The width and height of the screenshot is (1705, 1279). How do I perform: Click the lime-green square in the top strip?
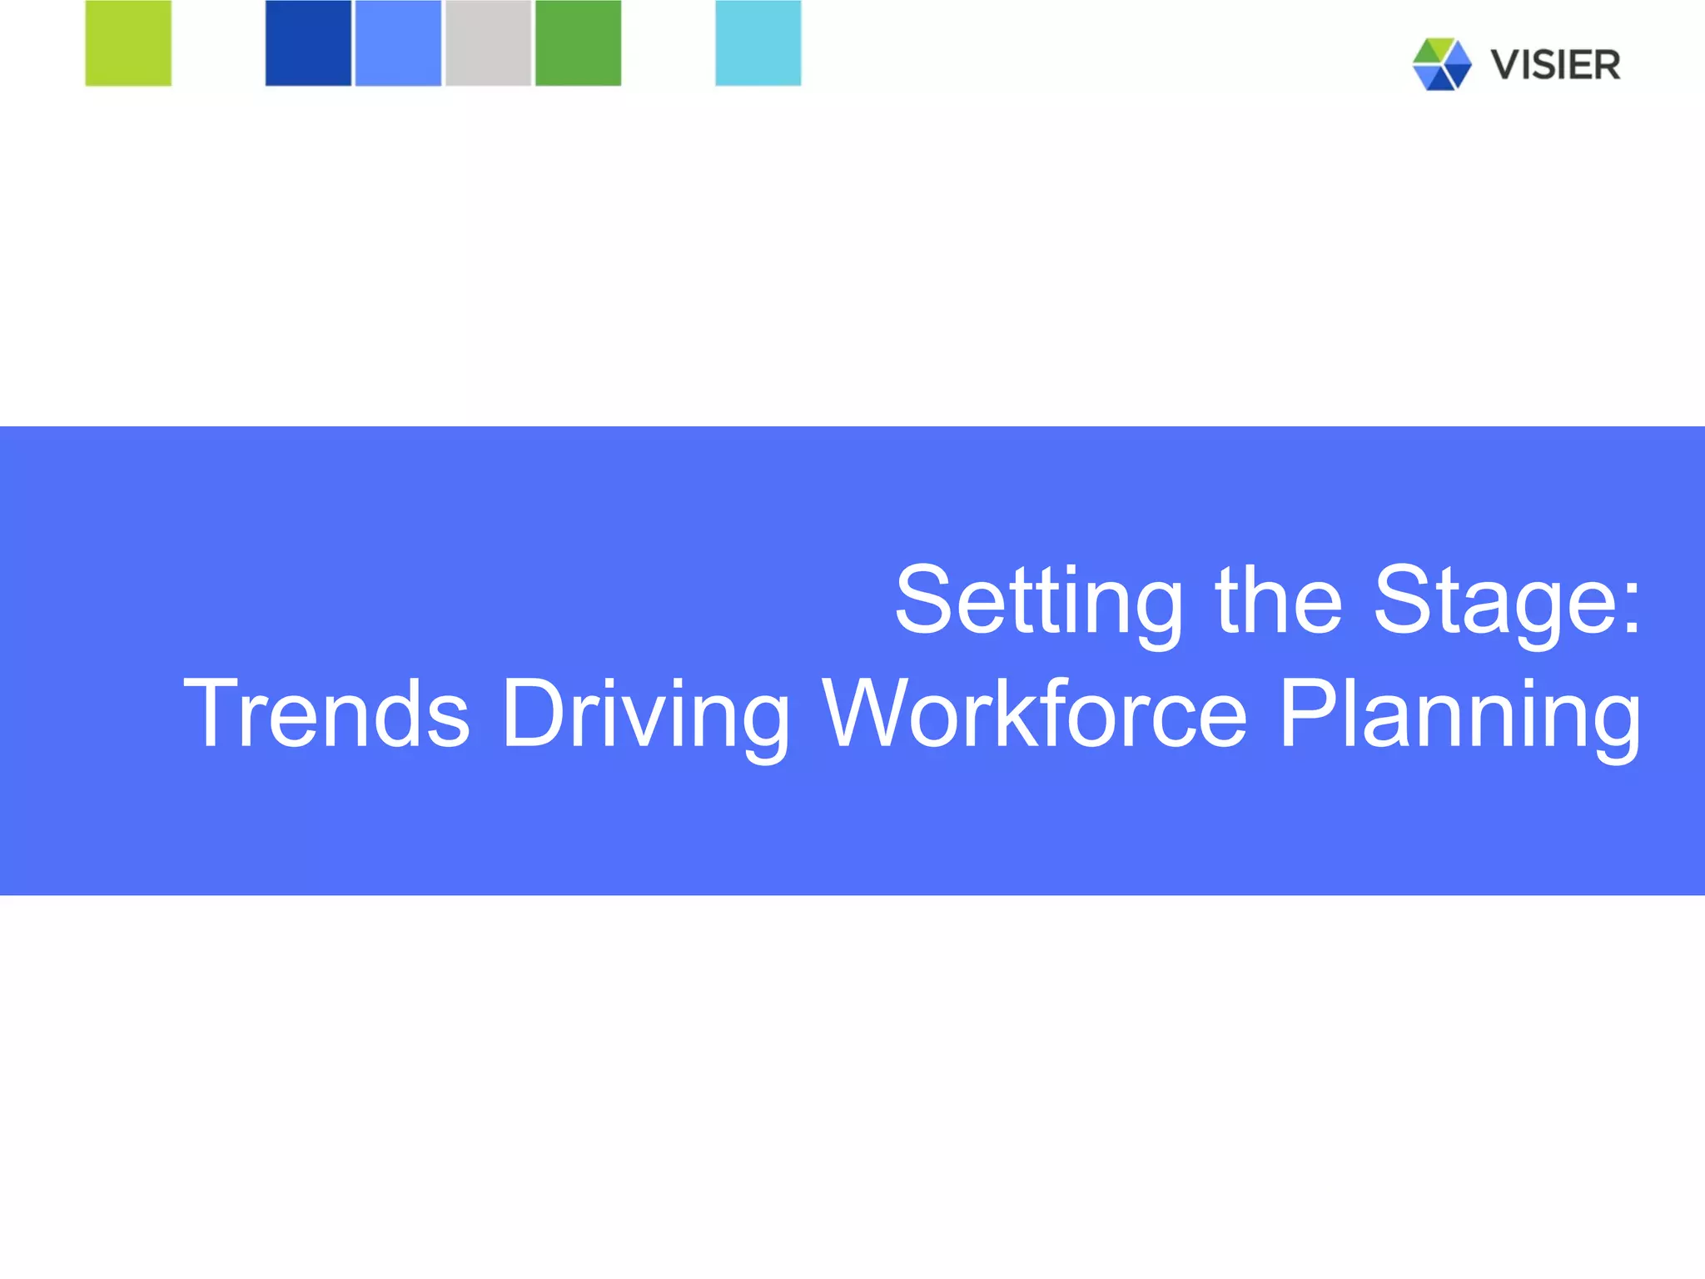(128, 43)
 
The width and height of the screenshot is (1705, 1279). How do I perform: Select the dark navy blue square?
(308, 43)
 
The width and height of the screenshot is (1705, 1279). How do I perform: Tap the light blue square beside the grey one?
(398, 43)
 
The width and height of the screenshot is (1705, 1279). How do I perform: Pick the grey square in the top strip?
(488, 43)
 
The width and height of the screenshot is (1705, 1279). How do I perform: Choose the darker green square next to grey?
(578, 43)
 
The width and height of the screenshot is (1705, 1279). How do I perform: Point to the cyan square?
(758, 43)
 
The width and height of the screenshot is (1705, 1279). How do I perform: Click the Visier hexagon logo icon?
(1442, 64)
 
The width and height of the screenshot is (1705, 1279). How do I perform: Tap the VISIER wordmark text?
(1555, 65)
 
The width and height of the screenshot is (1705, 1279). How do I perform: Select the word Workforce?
(1035, 713)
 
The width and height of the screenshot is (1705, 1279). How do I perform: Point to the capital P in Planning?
(1308, 713)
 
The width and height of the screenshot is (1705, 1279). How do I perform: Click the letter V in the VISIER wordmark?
(1505, 65)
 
